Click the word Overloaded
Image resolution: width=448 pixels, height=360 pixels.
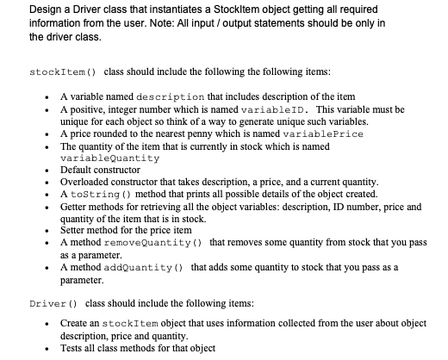click(87, 183)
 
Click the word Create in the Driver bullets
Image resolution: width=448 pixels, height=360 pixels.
click(75, 322)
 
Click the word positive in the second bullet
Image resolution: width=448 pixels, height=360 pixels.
click(84, 110)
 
